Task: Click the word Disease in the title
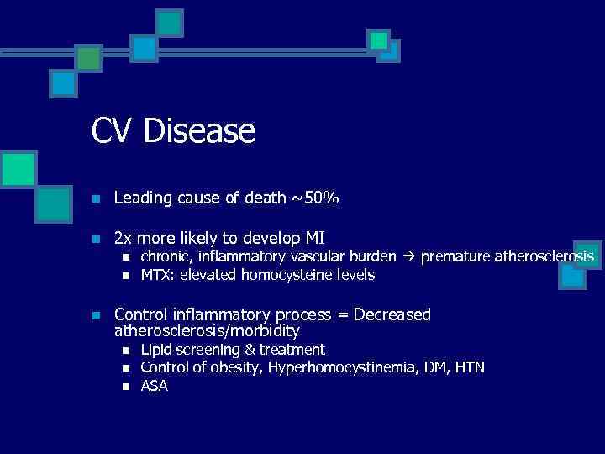(199, 131)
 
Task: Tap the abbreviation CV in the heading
(113, 131)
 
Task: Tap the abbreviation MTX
(156, 275)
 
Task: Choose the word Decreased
(392, 314)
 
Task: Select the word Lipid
(156, 350)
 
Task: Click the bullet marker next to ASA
(126, 387)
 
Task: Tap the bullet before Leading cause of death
(97, 200)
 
